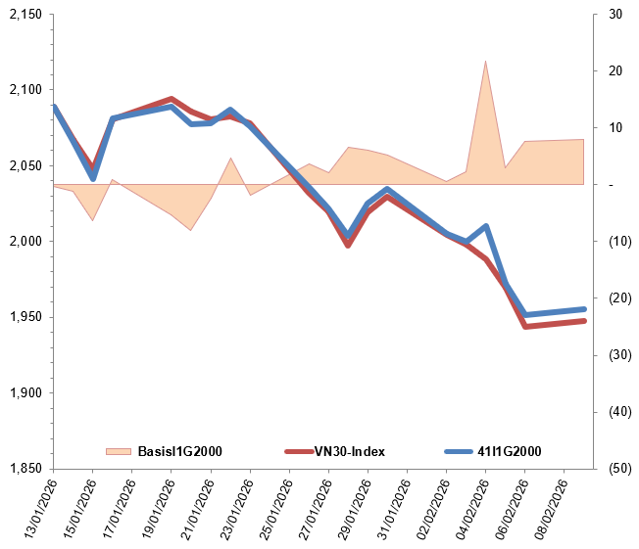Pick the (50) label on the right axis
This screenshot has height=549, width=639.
click(x=618, y=469)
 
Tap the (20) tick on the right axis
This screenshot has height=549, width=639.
click(x=618, y=298)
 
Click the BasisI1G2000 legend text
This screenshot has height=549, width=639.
click(x=179, y=451)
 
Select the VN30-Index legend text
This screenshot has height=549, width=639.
click(x=349, y=451)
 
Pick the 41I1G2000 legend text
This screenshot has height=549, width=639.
click(x=509, y=451)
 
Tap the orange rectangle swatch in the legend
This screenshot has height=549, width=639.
click(x=119, y=451)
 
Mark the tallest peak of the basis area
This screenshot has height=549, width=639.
click(x=485, y=61)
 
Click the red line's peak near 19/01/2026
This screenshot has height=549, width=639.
click(x=172, y=99)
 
